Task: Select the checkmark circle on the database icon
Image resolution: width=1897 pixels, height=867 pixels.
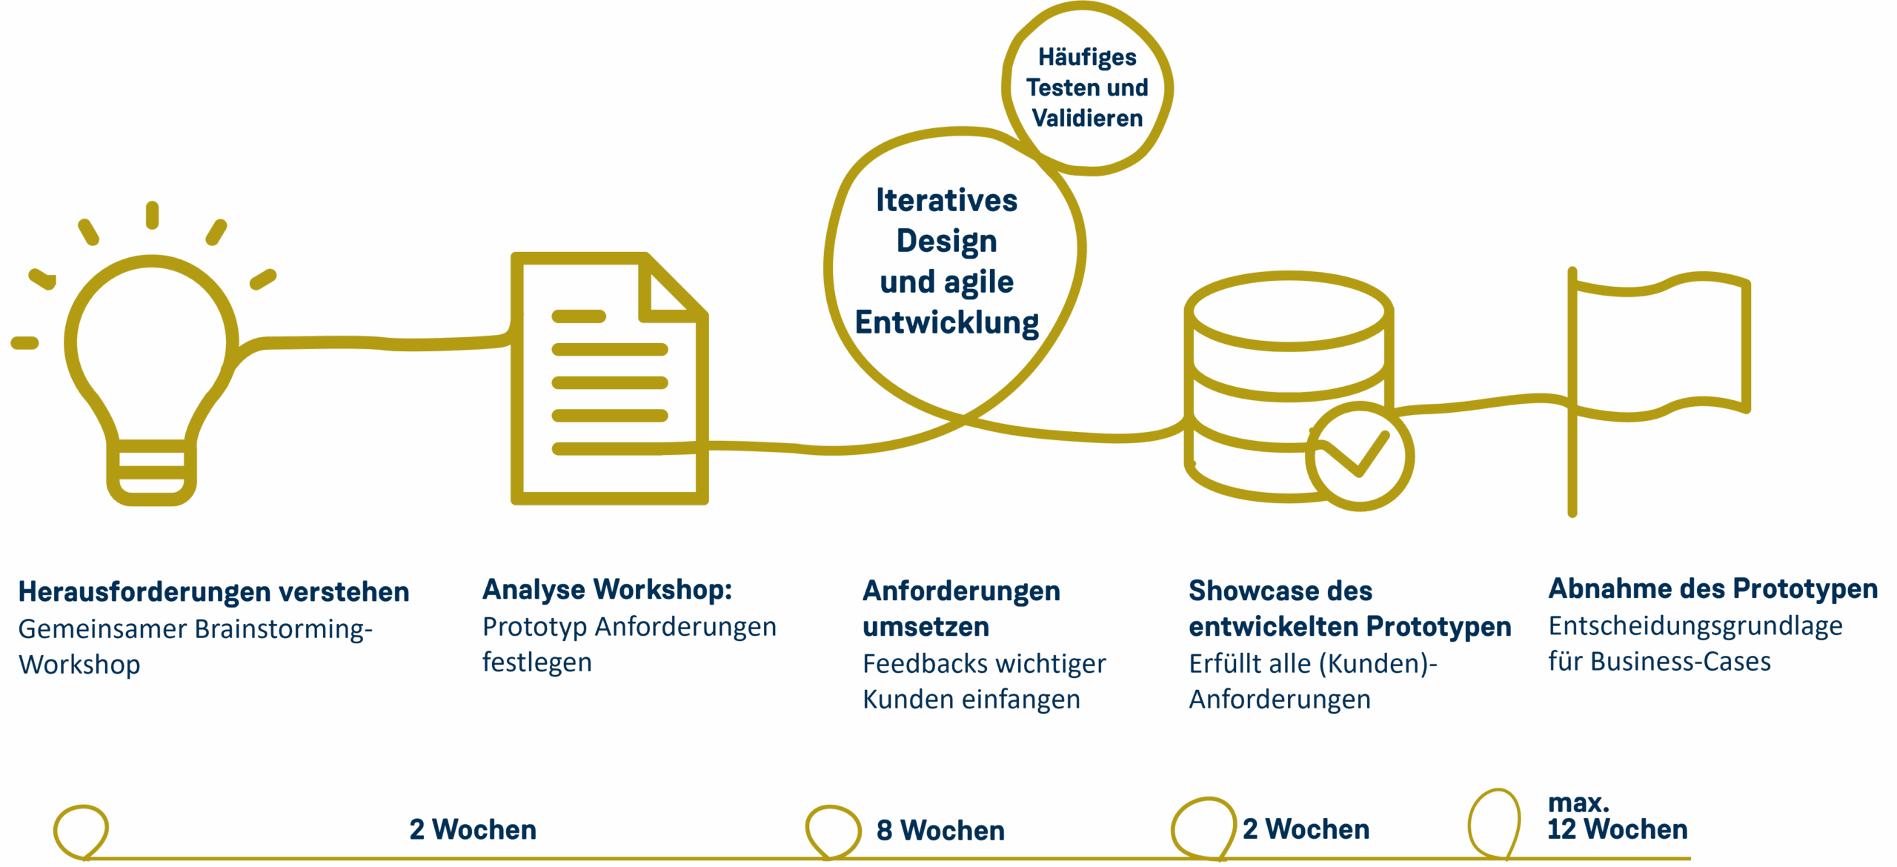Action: point(1359,456)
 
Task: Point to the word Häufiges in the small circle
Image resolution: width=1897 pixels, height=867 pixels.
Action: point(1087,57)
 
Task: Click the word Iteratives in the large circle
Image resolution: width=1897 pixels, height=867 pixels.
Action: point(946,201)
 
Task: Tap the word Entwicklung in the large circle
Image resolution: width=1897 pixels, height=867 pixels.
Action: point(946,323)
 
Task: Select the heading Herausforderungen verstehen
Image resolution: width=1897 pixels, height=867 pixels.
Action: point(213,592)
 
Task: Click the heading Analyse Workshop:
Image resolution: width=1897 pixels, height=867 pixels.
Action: point(607,590)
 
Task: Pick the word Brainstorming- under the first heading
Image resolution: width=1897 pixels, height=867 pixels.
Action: point(283,629)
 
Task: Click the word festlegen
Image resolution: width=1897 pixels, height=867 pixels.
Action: point(536,662)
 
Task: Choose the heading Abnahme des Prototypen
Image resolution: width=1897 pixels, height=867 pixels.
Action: point(1712,589)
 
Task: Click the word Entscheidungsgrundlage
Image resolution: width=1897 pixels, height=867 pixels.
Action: point(1695,626)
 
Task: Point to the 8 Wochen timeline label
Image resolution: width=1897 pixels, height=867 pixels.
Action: point(940,831)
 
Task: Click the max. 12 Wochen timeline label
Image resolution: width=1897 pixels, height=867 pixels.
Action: point(1617,819)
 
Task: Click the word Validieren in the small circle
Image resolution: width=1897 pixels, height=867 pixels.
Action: point(1087,119)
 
